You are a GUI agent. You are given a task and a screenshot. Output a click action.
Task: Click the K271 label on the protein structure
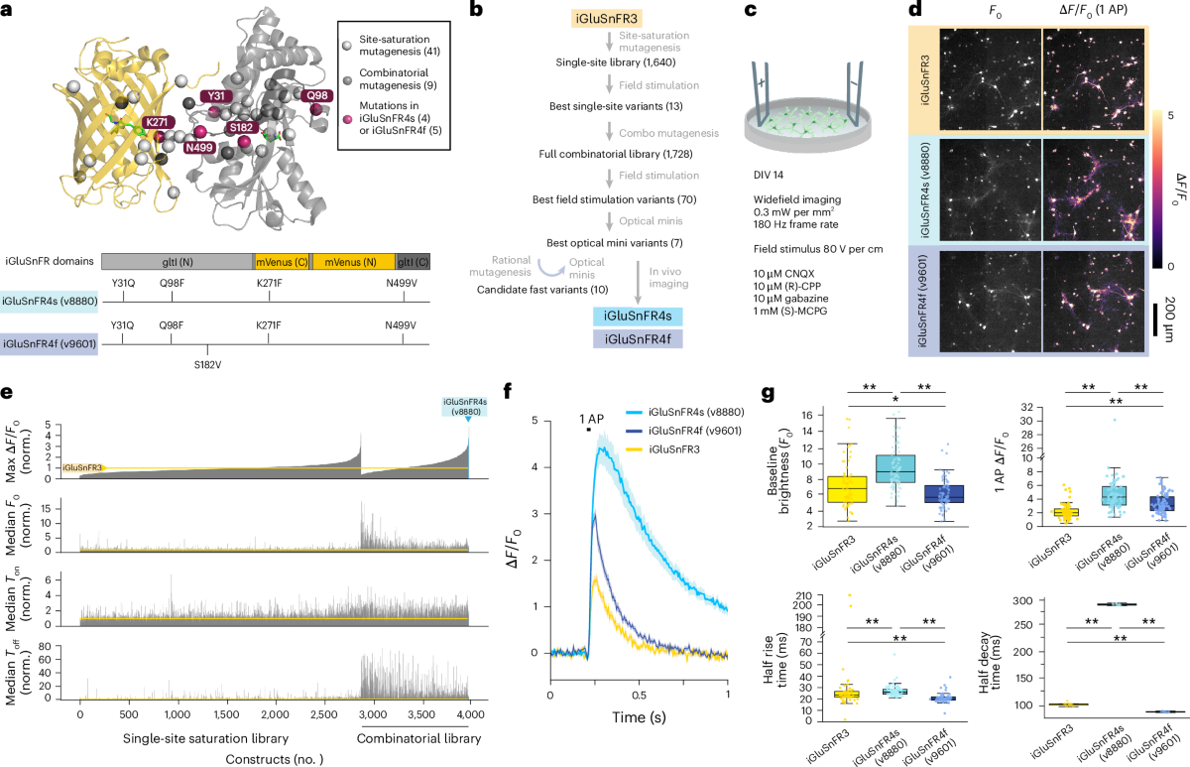[x=158, y=122]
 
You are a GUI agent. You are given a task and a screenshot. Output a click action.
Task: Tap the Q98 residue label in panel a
[x=317, y=95]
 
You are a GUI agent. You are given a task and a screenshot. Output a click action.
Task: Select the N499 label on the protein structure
[x=199, y=147]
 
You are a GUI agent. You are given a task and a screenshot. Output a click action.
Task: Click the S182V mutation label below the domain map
[x=207, y=365]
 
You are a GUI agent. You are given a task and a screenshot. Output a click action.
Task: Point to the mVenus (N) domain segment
[x=353, y=262]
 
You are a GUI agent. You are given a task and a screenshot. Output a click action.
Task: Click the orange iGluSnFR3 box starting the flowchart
[x=606, y=19]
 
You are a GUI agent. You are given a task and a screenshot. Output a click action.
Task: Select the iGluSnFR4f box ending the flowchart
[x=638, y=339]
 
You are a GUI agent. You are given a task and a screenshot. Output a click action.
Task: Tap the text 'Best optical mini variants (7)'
[x=615, y=243]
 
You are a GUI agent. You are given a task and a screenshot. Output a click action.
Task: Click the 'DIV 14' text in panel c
[x=769, y=175]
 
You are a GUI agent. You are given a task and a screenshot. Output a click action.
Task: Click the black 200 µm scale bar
[x=1155, y=320]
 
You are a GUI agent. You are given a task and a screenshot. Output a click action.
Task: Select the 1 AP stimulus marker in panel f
[x=589, y=430]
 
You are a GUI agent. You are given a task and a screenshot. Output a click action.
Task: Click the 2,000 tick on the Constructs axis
[x=276, y=714]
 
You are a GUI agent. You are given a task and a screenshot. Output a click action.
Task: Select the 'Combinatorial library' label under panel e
[x=418, y=738]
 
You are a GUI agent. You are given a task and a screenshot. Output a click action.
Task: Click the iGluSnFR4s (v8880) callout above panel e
[x=465, y=407]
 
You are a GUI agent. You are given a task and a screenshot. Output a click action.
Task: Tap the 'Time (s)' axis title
[x=639, y=717]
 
